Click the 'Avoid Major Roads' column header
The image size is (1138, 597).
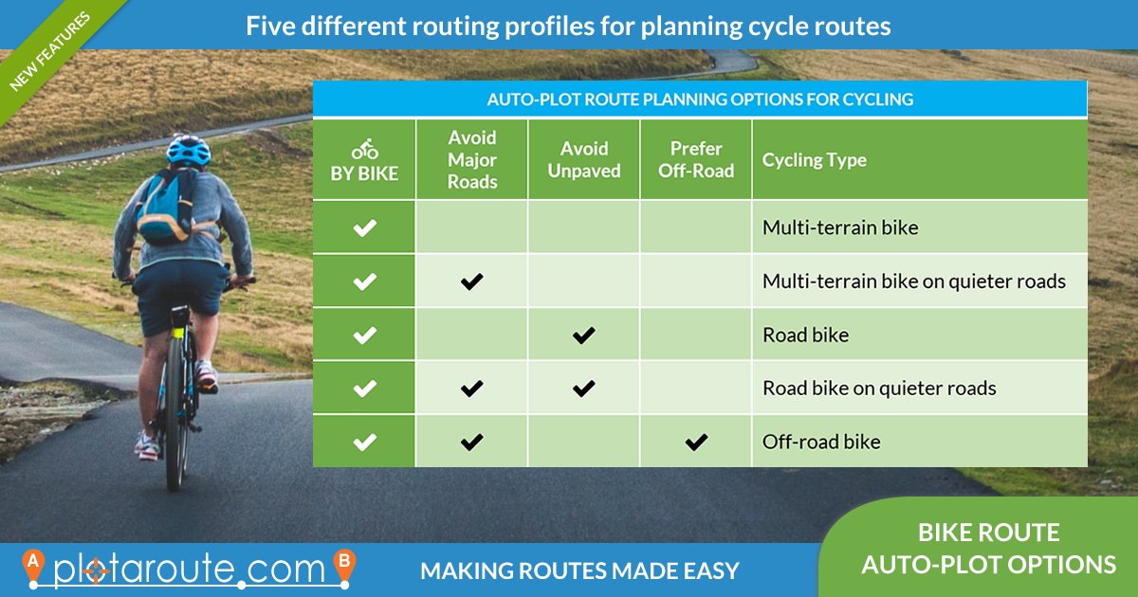(472, 159)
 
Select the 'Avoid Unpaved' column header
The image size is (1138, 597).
(584, 159)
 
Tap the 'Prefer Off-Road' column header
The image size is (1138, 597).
(696, 159)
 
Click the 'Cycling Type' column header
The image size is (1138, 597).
(815, 160)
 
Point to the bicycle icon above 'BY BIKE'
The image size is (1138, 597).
(365, 150)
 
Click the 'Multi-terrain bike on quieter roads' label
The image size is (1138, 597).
(914, 281)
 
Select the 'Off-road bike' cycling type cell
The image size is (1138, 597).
(821, 442)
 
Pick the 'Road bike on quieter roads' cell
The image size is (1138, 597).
(879, 388)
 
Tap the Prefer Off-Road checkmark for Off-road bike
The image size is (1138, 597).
(696, 442)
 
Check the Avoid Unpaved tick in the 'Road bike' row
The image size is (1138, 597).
(584, 335)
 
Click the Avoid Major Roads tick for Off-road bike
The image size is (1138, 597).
(472, 442)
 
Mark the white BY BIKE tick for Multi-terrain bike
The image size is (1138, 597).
(365, 227)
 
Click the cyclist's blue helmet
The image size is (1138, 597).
(189, 150)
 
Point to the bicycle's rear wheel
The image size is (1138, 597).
(175, 417)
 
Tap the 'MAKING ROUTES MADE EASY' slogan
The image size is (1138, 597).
(579, 571)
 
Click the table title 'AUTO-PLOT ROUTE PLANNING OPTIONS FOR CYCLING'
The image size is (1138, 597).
(700, 99)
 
